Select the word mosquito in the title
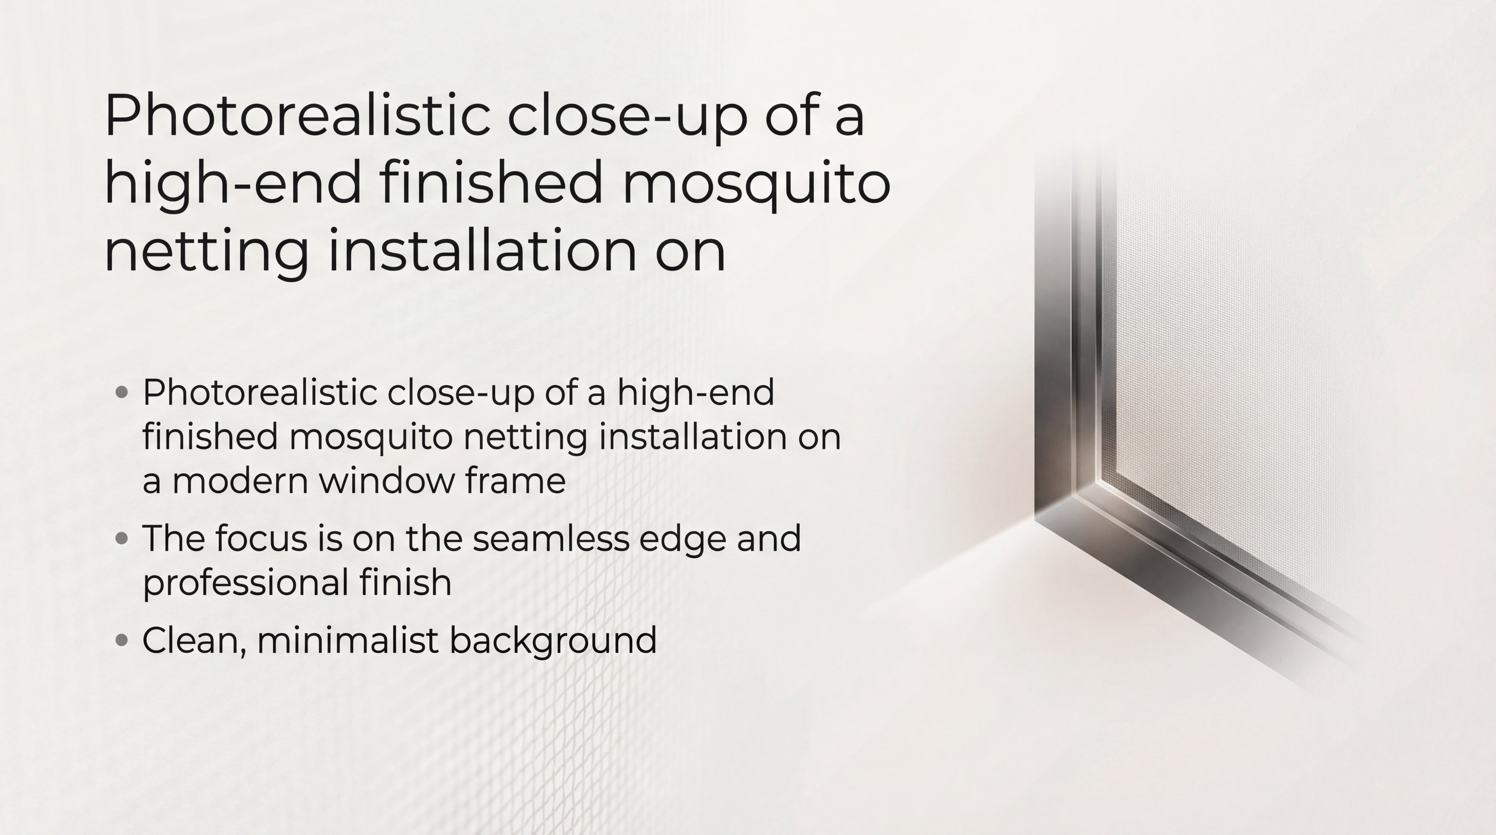point(756,183)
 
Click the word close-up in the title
point(627,118)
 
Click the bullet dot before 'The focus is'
point(122,538)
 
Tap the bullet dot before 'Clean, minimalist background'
point(122,640)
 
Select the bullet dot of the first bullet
point(122,393)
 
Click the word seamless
point(550,538)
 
